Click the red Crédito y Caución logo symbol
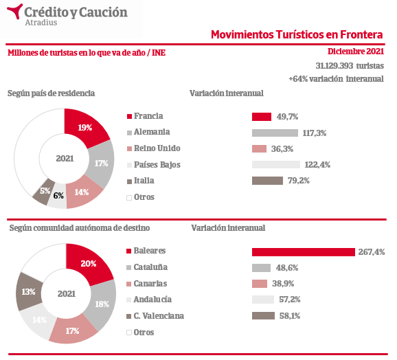tap(15, 10)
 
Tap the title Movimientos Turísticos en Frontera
tap(297, 34)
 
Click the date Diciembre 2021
tap(356, 52)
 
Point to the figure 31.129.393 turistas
tap(350, 66)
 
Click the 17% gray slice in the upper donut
tap(101, 164)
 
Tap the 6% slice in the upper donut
tap(58, 196)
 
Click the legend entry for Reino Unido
tap(153, 148)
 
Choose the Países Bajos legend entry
tap(153, 165)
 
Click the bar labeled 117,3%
tap(275, 133)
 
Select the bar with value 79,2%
tap(267, 181)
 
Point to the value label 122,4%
tap(317, 165)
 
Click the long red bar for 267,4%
tap(304, 252)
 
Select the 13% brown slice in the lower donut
tap(29, 292)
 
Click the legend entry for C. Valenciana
tap(155, 316)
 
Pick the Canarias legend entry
tap(146, 284)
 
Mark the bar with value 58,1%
tap(263, 316)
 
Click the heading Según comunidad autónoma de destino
tap(80, 228)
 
